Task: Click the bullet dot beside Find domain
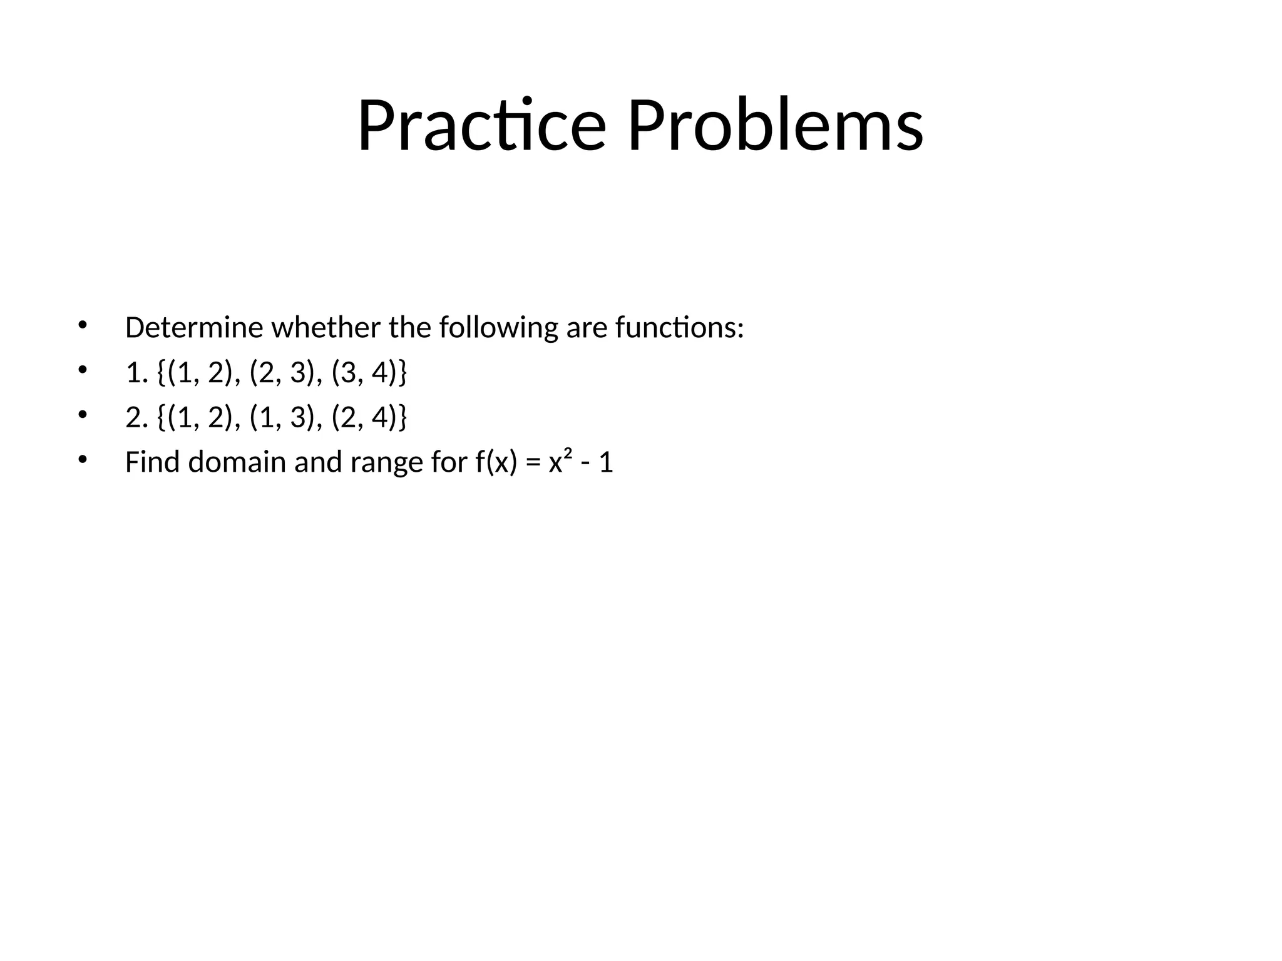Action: (81, 460)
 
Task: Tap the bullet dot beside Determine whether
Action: (81, 325)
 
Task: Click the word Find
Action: (152, 462)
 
